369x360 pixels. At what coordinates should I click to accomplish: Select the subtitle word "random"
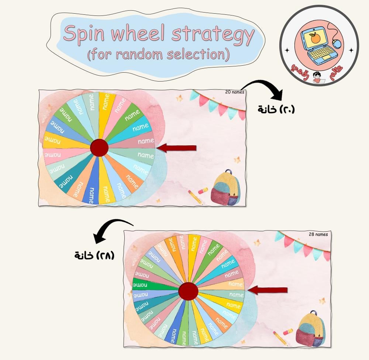(139, 55)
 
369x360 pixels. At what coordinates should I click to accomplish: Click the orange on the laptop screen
(314, 38)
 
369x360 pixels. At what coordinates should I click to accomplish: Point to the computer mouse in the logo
(337, 44)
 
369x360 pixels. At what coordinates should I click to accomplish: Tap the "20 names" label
(234, 92)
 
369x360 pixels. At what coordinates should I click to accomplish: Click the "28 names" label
(318, 234)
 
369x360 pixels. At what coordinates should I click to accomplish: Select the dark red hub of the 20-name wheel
(99, 148)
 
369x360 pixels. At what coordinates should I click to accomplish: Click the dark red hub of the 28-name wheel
(188, 291)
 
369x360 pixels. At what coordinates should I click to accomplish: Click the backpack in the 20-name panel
(225, 188)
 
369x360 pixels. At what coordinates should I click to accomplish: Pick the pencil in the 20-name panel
(195, 197)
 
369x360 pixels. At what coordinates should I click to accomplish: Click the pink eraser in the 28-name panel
(288, 332)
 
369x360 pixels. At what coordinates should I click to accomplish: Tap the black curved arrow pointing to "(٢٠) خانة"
(265, 89)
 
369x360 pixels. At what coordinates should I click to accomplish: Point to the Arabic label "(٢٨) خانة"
(94, 255)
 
